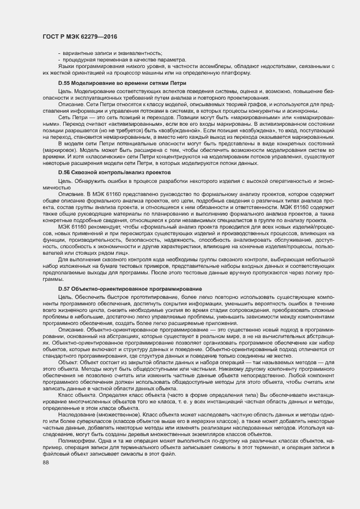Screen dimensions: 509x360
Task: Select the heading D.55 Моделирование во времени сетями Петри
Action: tap(122, 83)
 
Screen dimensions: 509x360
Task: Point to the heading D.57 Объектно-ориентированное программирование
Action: tap(130, 288)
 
